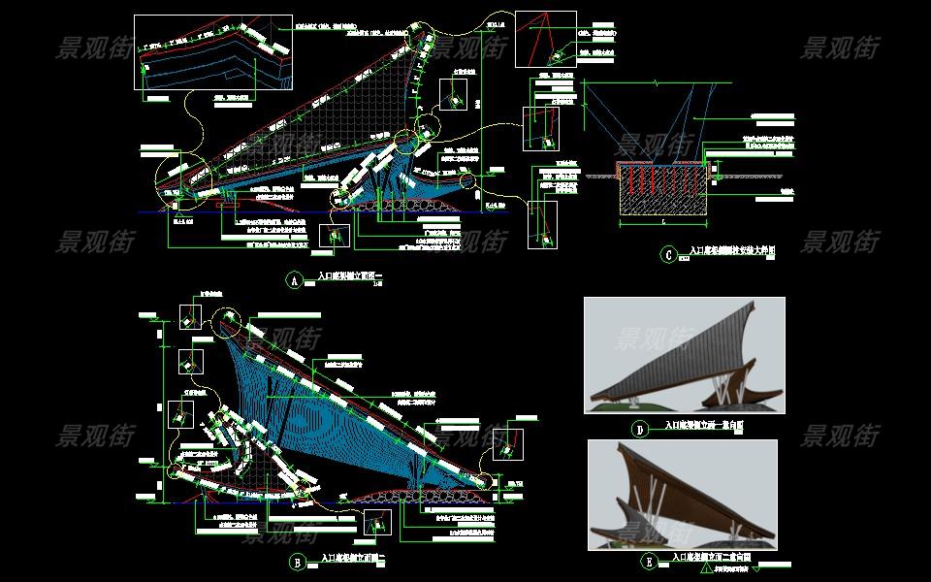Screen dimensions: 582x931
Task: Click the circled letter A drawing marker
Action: coord(295,280)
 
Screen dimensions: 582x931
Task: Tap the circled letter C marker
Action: coord(667,255)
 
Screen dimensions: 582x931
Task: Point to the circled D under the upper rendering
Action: coord(639,429)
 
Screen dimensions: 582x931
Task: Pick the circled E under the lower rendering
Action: coord(647,561)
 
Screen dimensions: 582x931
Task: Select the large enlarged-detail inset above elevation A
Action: coord(212,52)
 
